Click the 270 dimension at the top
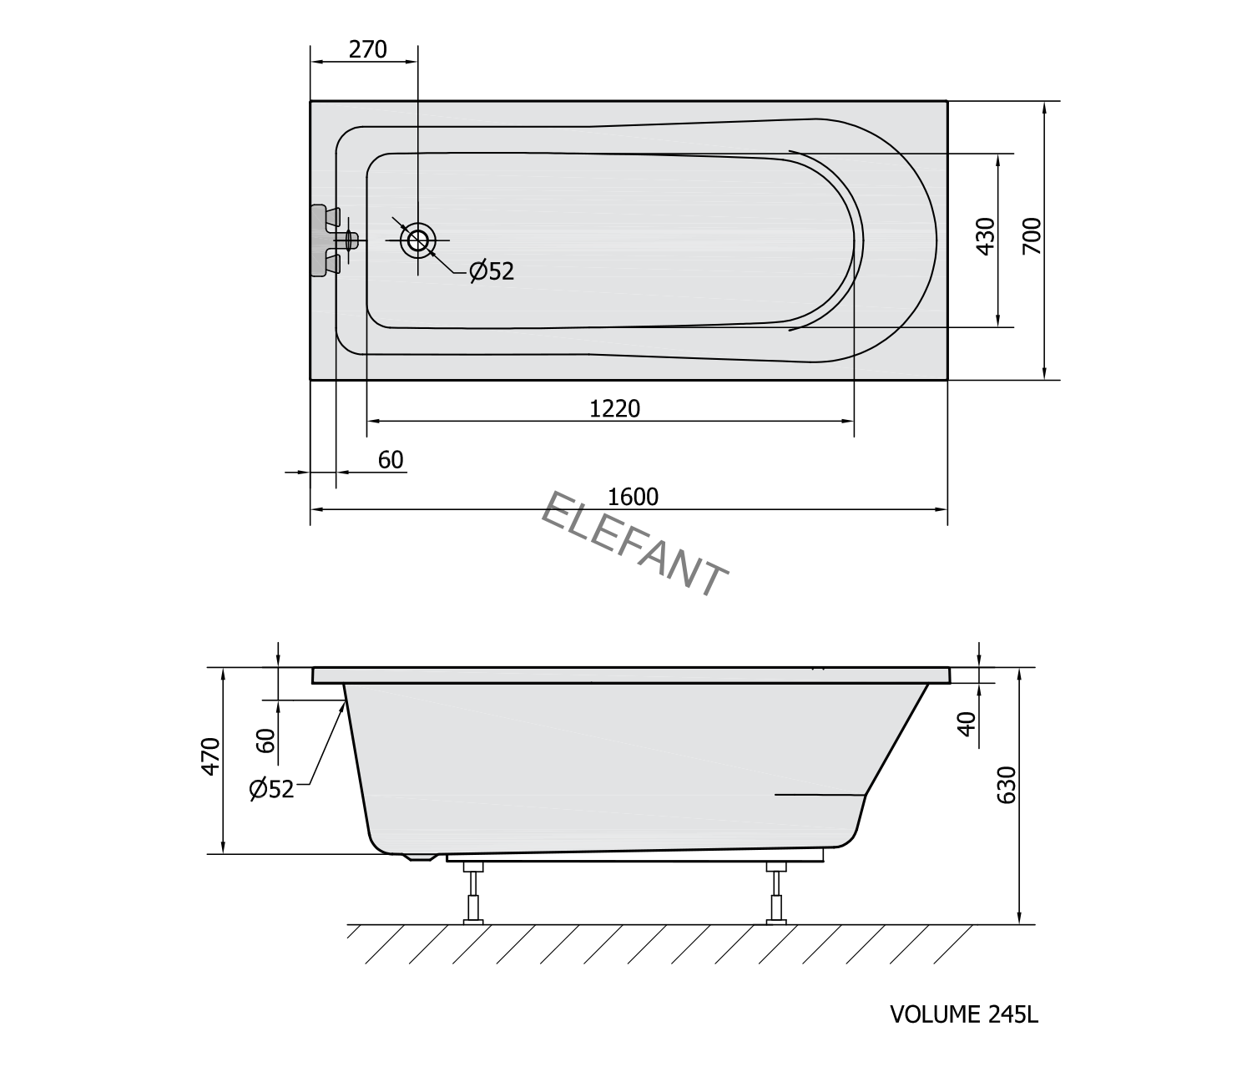pos(367,50)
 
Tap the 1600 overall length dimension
pos(633,497)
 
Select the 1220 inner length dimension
pos(615,409)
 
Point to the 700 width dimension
pos(1032,236)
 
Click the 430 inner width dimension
pos(986,236)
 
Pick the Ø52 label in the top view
pos(492,271)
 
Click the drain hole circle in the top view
pos(418,240)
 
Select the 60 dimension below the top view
pos(391,461)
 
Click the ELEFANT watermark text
pos(634,544)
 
